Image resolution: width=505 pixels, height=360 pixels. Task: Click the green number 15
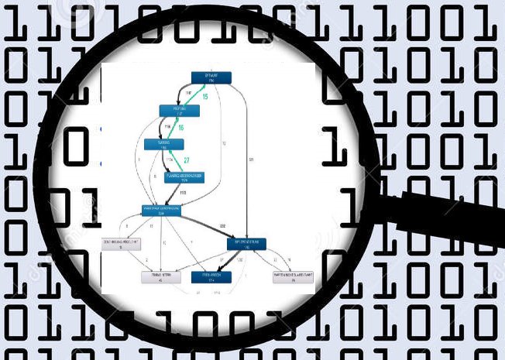pyautogui.click(x=205, y=97)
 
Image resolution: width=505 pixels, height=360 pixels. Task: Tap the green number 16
pyautogui.click(x=180, y=127)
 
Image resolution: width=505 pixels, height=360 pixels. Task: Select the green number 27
pyautogui.click(x=186, y=160)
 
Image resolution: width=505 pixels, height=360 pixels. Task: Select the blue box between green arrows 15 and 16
pyautogui.click(x=180, y=111)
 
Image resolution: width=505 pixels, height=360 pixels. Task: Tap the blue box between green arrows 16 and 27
pyautogui.click(x=163, y=144)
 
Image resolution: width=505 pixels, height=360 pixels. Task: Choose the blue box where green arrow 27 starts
pyautogui.click(x=185, y=177)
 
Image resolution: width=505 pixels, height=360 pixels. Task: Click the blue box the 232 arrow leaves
pyautogui.click(x=161, y=209)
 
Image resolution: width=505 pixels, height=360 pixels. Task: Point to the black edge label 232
pyautogui.click(x=222, y=225)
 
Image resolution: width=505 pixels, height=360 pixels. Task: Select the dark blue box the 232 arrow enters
pyautogui.click(x=246, y=244)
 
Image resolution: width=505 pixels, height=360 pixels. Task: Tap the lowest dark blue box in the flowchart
pyautogui.click(x=211, y=277)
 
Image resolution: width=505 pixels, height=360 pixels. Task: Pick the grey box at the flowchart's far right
pyautogui.click(x=293, y=277)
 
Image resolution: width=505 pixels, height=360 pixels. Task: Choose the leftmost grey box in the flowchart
pyautogui.click(x=124, y=244)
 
